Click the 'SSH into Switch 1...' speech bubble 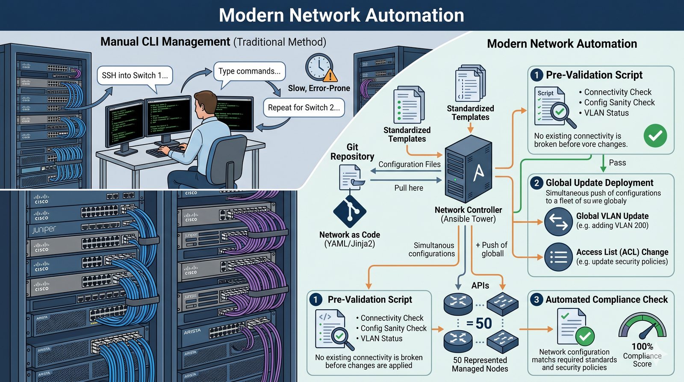(135, 76)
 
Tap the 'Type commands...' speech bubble (249, 71)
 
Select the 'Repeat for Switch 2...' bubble (304, 108)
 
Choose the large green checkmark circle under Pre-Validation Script (655, 136)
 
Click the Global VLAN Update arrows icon (558, 221)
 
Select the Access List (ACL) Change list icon (558, 257)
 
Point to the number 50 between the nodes (483, 323)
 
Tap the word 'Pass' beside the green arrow (617, 163)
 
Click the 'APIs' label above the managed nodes (480, 286)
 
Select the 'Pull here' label (409, 188)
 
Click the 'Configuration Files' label (409, 164)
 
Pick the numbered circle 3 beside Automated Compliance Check (537, 299)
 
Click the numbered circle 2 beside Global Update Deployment (537, 183)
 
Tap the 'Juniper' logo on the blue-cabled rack (44, 230)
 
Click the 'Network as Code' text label (349, 235)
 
